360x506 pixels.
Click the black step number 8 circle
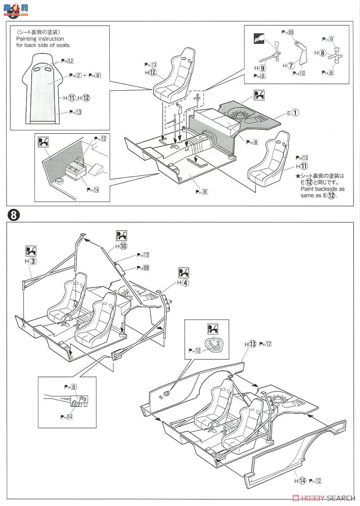(x=14, y=215)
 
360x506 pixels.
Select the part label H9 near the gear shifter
(x=262, y=67)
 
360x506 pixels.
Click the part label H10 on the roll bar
(x=121, y=246)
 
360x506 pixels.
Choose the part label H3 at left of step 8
(x=30, y=261)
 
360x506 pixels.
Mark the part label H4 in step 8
(x=182, y=282)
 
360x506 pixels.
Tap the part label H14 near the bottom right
(x=300, y=480)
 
